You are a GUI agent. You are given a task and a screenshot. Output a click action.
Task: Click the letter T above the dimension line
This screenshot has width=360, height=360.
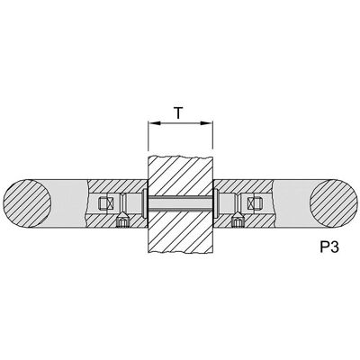(x=178, y=113)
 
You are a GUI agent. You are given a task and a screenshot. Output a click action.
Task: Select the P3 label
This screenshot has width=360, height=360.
(x=329, y=247)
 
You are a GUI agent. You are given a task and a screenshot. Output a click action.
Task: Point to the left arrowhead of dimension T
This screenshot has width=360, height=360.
(x=154, y=123)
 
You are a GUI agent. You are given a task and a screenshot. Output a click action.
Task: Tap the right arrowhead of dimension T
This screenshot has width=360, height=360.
(x=207, y=123)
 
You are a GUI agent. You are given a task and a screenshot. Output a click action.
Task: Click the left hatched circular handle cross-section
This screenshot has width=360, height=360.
(x=27, y=203)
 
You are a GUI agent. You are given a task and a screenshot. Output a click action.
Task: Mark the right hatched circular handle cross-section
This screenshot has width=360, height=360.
(x=333, y=203)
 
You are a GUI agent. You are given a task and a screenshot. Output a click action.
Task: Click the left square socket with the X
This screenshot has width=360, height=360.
(x=105, y=203)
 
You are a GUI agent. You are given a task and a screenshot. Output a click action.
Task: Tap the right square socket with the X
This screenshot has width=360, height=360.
(x=254, y=203)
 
